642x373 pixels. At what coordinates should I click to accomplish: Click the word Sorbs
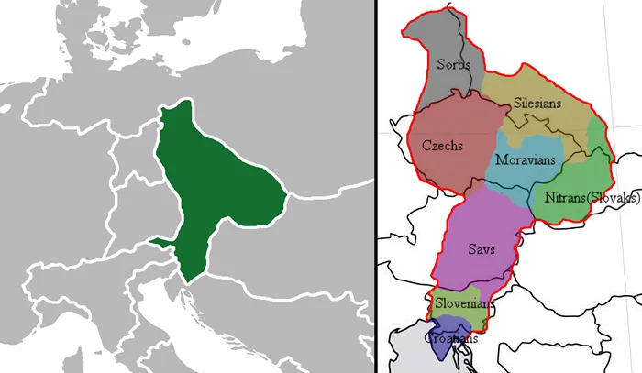[x=454, y=64]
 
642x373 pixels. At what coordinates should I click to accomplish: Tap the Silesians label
[x=537, y=104]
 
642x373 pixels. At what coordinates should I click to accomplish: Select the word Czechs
[x=442, y=145]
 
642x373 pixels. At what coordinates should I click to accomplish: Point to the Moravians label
[x=526, y=160]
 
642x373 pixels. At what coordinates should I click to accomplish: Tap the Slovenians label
[x=464, y=303]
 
